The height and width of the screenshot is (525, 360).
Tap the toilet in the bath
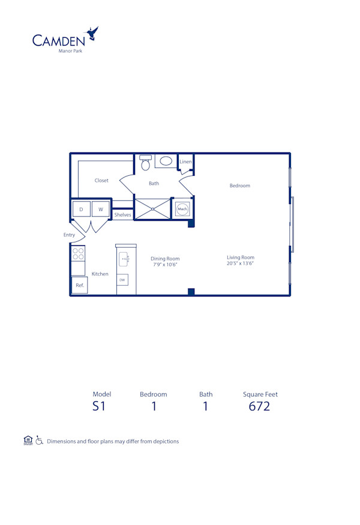click(x=145, y=162)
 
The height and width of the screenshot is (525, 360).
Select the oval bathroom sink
click(x=166, y=161)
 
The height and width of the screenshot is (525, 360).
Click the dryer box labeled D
click(x=81, y=209)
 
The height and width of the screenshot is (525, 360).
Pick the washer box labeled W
click(x=101, y=209)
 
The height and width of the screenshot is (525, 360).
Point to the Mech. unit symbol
click(x=182, y=209)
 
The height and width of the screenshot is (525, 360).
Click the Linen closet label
click(x=185, y=162)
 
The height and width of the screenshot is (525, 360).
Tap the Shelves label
click(x=122, y=215)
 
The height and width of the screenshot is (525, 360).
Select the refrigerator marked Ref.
click(x=80, y=285)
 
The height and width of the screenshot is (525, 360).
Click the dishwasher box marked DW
click(x=122, y=280)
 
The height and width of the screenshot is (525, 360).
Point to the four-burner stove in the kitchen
click(x=78, y=254)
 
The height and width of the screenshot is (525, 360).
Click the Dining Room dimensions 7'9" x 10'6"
click(x=165, y=265)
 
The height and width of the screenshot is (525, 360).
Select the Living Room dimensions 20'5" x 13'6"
click(x=241, y=263)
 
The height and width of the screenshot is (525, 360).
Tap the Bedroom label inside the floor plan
click(x=239, y=186)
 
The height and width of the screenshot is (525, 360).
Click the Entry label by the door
click(x=69, y=235)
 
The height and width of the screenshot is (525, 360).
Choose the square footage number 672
click(x=260, y=406)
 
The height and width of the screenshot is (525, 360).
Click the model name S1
click(x=99, y=406)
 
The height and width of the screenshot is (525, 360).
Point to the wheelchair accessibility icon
click(x=39, y=440)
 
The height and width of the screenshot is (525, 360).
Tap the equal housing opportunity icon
click(x=27, y=440)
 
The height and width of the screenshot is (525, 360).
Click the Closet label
click(x=101, y=181)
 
